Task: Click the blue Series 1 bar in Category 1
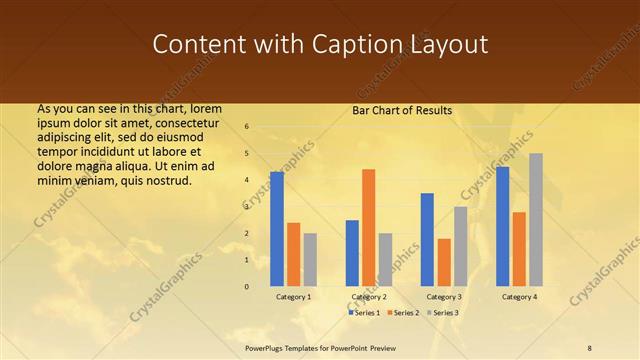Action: (277, 229)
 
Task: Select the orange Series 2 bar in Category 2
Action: (368, 228)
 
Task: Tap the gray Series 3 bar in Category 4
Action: (536, 220)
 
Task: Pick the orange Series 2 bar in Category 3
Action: (444, 262)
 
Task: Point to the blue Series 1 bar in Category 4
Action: (503, 226)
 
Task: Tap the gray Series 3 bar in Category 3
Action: (460, 246)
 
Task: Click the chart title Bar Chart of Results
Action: (402, 110)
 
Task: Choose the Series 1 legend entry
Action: (366, 313)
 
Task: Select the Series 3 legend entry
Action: (444, 313)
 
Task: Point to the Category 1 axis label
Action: (293, 297)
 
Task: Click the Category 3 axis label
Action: (444, 297)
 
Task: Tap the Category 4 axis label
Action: (519, 297)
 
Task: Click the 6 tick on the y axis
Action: (246, 127)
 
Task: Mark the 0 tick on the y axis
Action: (246, 287)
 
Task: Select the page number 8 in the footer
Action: (590, 347)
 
